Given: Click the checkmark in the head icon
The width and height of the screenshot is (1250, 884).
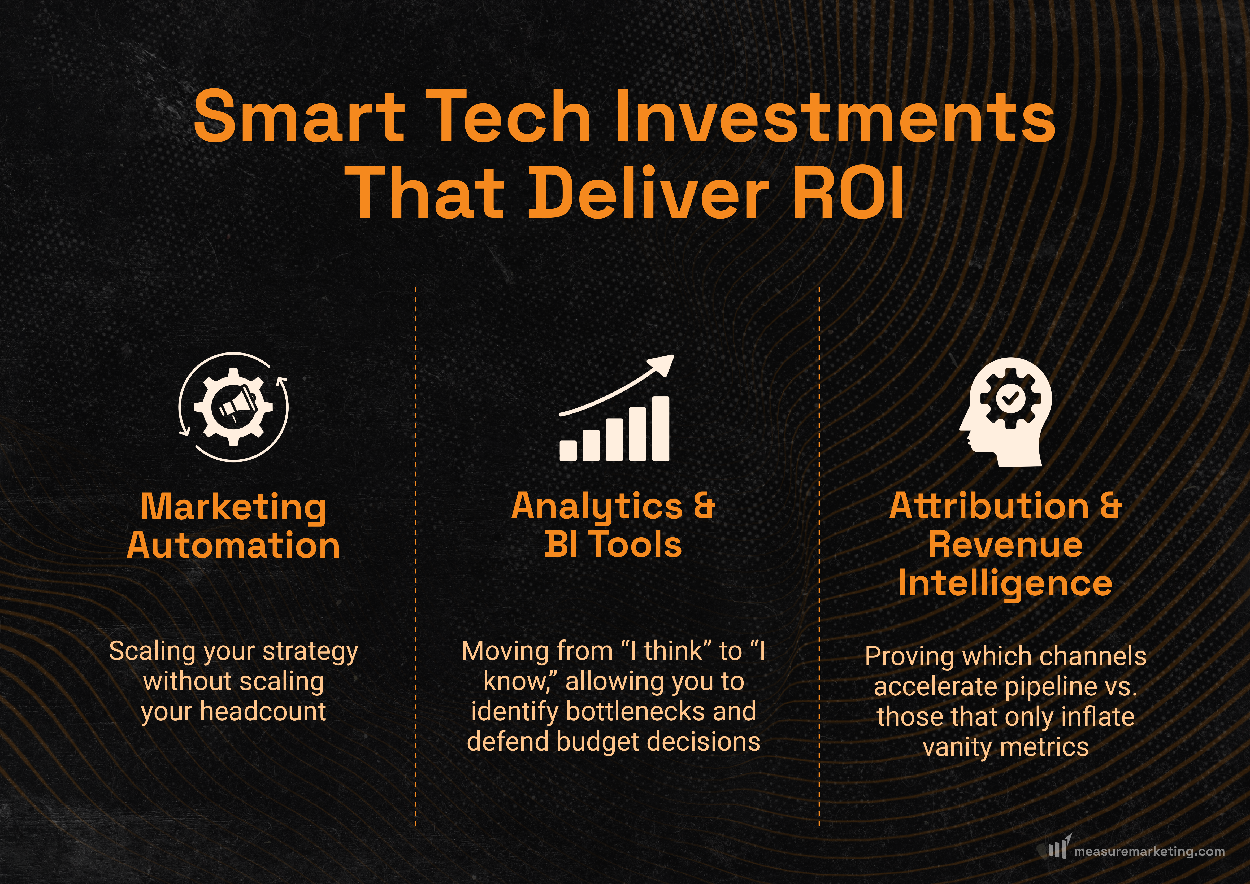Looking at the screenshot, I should pos(1009,398).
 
